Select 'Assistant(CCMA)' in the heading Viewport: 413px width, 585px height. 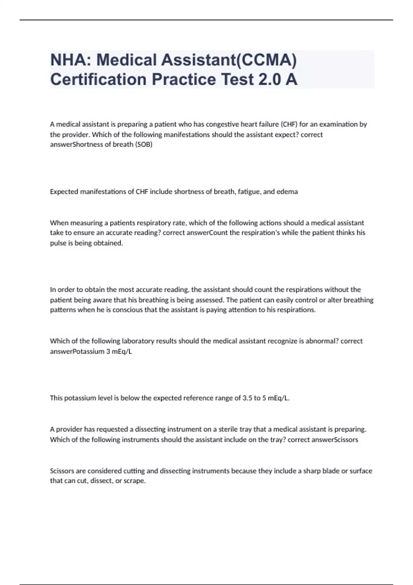[229, 60]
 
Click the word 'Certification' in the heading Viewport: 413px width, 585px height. [98, 79]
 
